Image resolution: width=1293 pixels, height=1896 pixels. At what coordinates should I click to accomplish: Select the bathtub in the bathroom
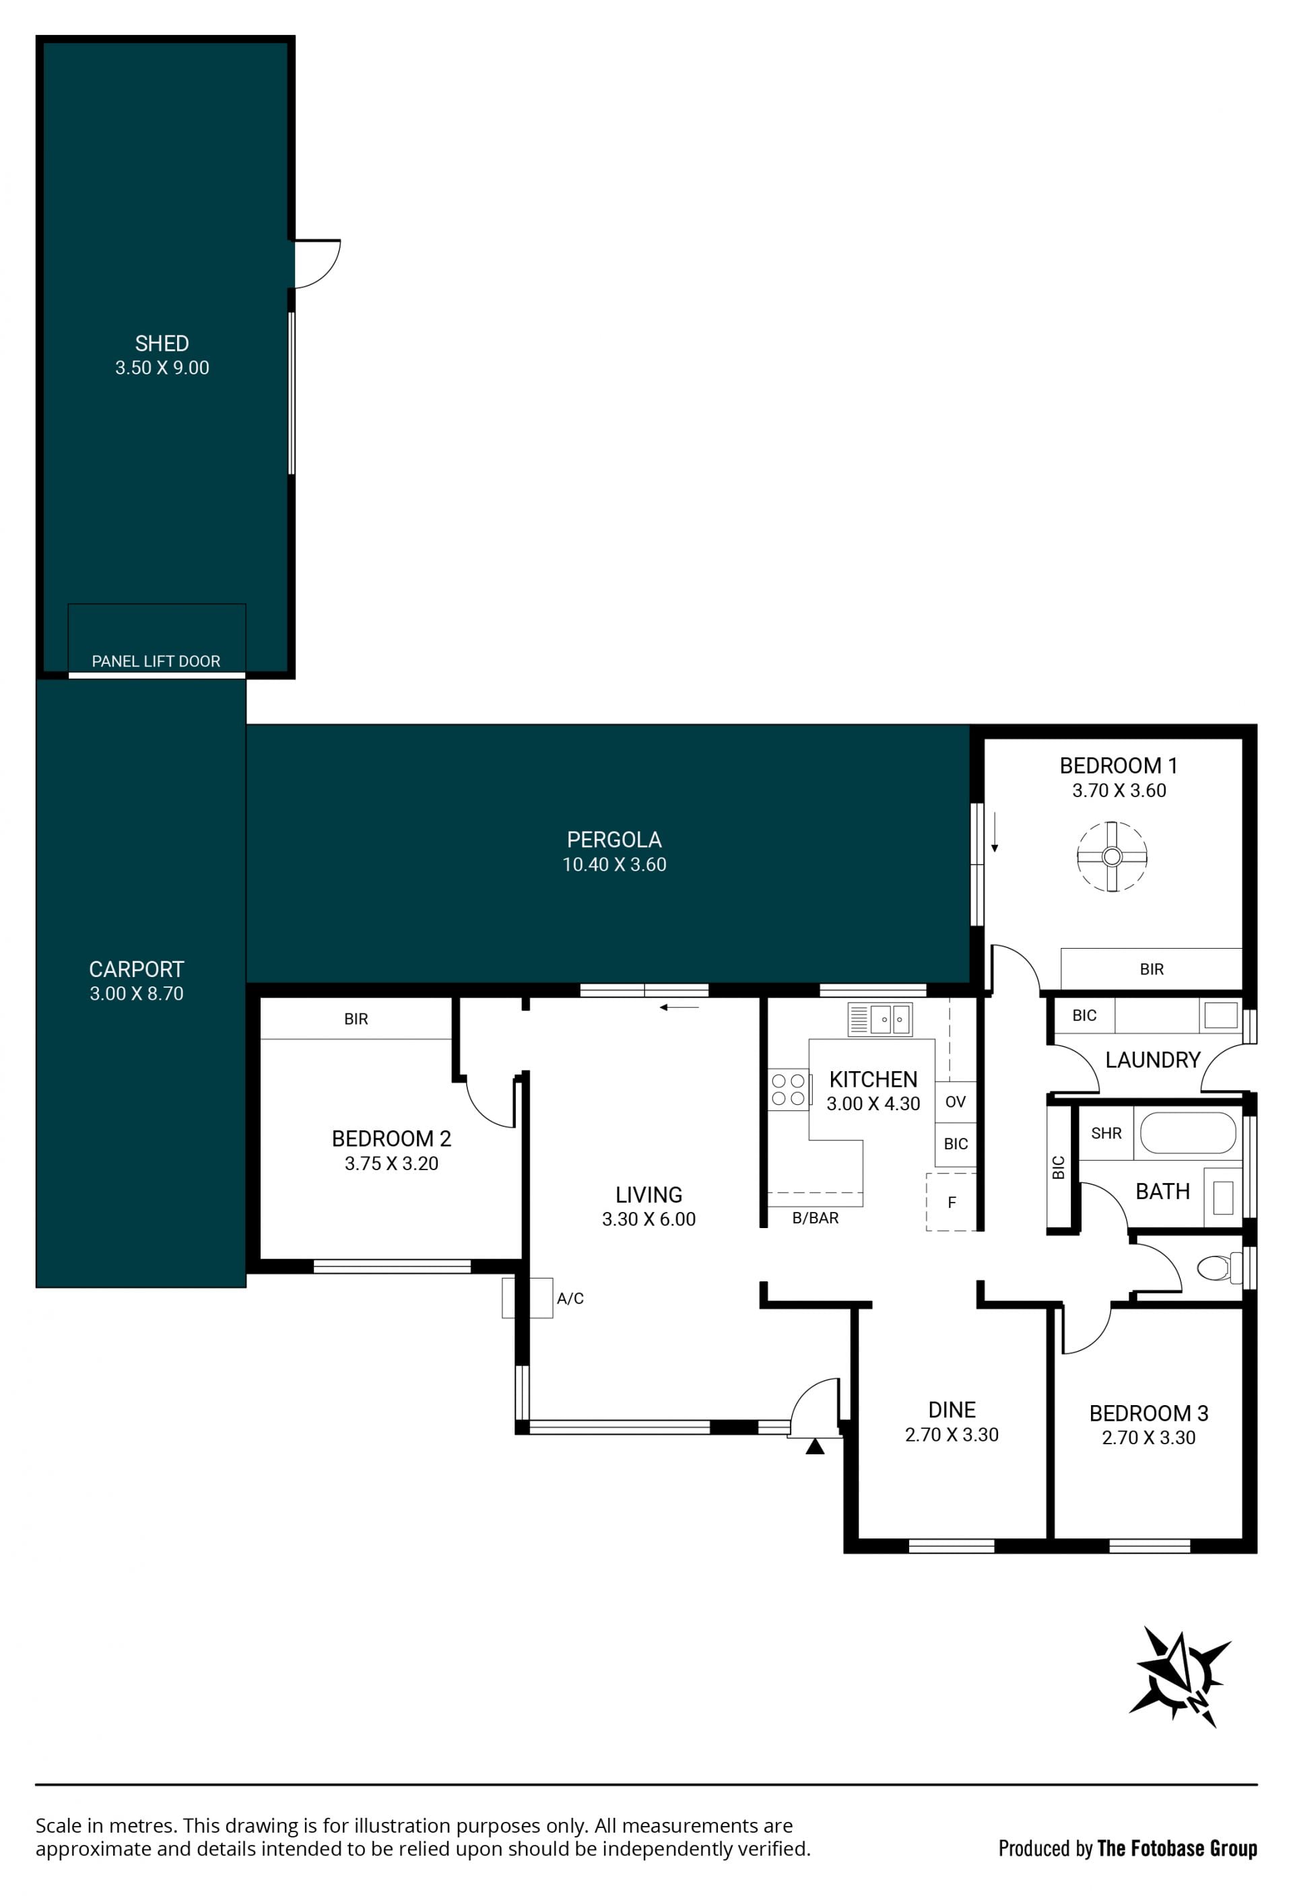[1187, 1133]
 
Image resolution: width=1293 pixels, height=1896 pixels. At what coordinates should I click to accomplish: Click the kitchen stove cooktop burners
[788, 1089]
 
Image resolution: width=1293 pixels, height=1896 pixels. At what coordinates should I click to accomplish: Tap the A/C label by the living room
[570, 1298]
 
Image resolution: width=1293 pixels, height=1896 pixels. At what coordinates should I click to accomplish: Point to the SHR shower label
[1106, 1133]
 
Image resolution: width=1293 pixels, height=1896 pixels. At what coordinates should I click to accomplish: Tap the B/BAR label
[815, 1218]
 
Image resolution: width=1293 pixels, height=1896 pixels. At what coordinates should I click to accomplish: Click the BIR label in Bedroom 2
[356, 1019]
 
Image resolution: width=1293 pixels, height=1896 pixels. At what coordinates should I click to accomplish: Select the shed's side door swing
[317, 263]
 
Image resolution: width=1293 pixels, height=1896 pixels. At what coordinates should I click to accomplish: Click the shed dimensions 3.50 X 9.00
[162, 368]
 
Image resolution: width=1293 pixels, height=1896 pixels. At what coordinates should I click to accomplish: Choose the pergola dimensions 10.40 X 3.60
[614, 865]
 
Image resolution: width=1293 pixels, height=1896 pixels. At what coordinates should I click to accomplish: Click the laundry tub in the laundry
[1220, 1016]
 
